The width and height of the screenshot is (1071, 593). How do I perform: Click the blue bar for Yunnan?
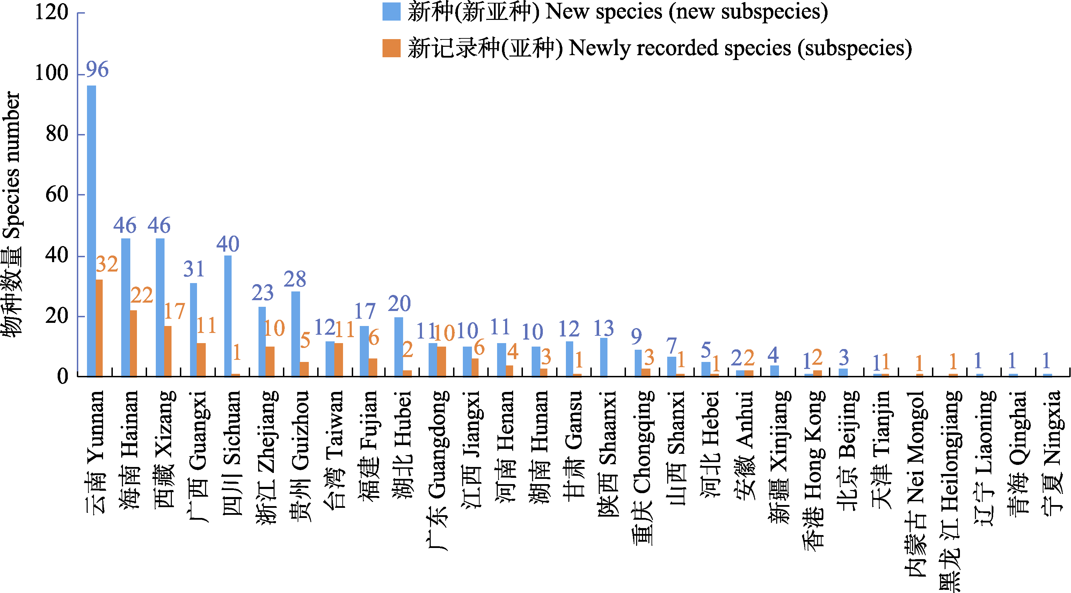pos(92,231)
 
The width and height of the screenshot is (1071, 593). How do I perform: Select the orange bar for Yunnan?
pos(99,328)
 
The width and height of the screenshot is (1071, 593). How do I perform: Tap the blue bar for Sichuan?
pos(228,316)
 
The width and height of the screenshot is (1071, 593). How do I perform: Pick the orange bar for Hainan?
pos(133,343)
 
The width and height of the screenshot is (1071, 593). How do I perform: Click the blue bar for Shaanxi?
pos(604,357)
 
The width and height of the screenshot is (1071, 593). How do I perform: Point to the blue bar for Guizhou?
pos(296,334)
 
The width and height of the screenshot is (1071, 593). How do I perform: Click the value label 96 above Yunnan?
pos(97,69)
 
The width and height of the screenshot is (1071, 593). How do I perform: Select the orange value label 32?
pos(107,264)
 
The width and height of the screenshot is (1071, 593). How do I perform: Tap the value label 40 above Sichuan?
pos(228,244)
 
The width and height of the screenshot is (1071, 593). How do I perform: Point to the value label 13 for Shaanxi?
pos(604,328)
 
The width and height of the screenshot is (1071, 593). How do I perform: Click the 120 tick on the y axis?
pos(52,13)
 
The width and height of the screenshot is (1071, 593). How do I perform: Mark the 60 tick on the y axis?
pos(57,194)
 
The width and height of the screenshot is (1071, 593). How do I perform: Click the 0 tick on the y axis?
pos(63,377)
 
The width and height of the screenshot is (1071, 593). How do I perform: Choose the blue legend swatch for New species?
pos(391,12)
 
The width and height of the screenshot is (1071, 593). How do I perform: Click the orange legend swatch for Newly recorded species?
pos(391,48)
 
